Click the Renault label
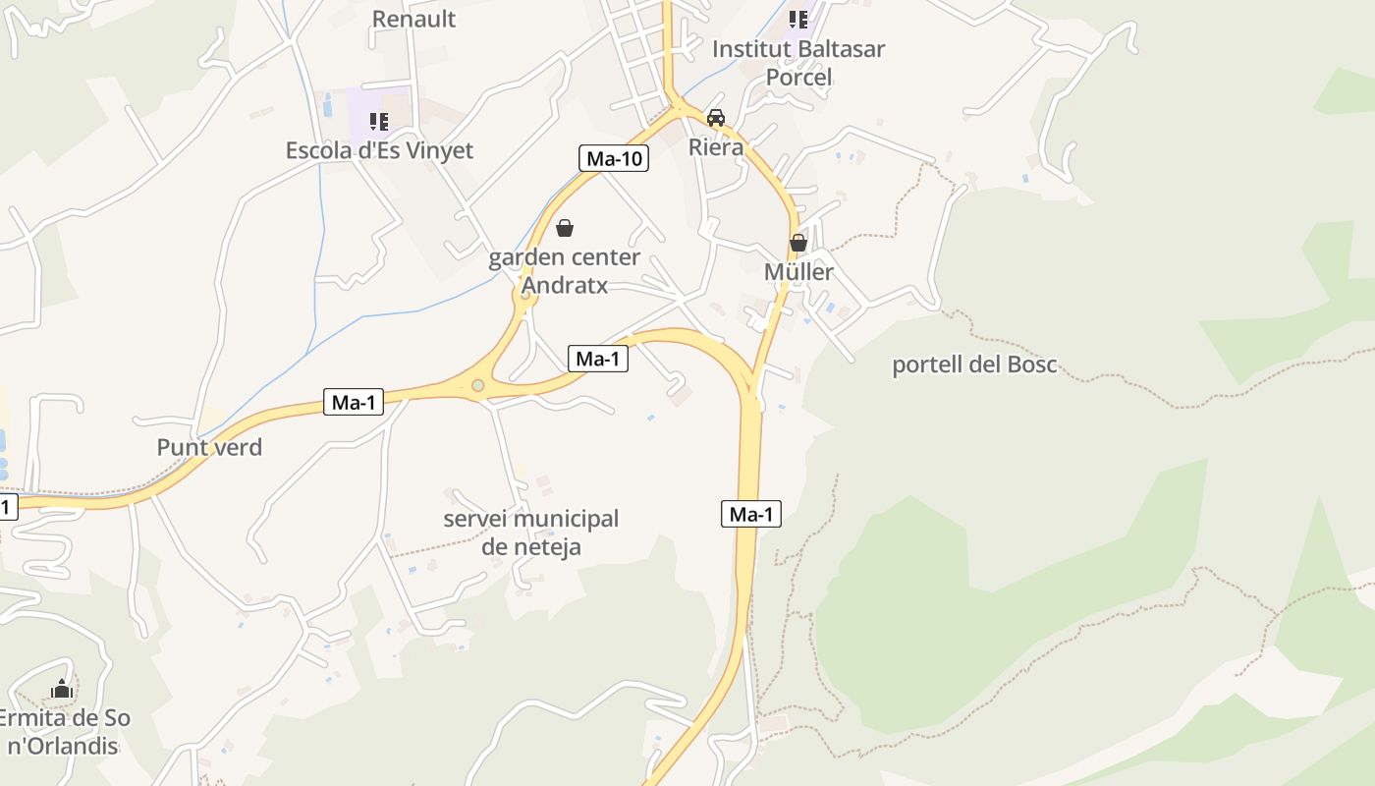[413, 19]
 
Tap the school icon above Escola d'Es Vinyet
[378, 122]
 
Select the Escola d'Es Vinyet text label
[379, 150]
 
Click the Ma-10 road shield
[613, 158]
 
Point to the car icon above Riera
[716, 118]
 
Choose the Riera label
[716, 146]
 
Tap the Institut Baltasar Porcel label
[797, 63]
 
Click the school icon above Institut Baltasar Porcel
[798, 19]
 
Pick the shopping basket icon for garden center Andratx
[565, 229]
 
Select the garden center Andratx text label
[564, 271]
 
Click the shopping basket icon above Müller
[798, 242]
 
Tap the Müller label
[798, 272]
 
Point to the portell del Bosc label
[973, 365]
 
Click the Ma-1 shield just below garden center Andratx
[597, 359]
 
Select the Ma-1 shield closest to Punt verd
[354, 402]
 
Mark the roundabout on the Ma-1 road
[478, 386]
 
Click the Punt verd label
[209, 447]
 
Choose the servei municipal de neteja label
[530, 533]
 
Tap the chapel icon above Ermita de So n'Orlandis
[63, 690]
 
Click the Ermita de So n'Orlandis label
[63, 732]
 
